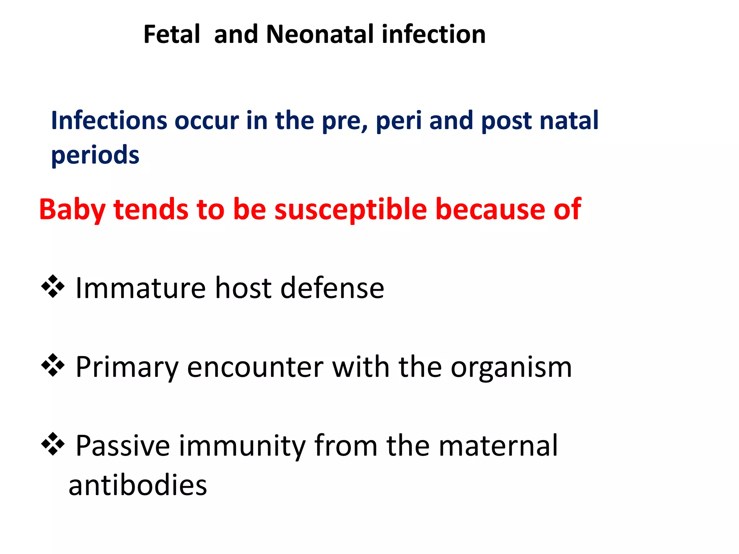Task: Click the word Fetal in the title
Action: click(172, 35)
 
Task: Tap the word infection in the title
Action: click(433, 35)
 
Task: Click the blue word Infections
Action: click(109, 120)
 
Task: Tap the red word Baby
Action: click(72, 210)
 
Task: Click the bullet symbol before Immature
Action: click(53, 287)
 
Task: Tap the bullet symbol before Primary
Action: click(53, 365)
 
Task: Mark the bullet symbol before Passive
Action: click(53, 444)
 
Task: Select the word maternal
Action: click(498, 446)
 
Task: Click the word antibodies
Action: click(138, 485)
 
